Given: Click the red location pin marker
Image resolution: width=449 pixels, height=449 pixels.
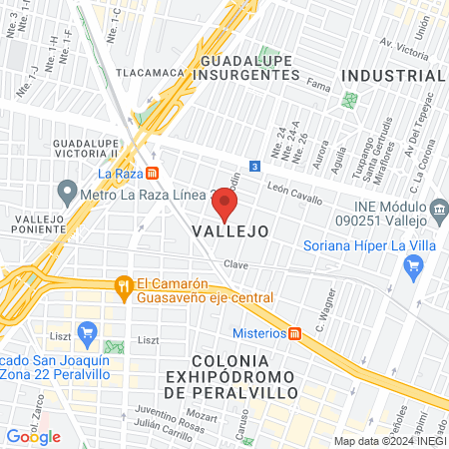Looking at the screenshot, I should pyautogui.click(x=224, y=205).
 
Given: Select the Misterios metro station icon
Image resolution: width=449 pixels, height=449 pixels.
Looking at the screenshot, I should pyautogui.click(x=295, y=333).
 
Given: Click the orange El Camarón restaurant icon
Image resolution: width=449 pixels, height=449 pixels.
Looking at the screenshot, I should pyautogui.click(x=124, y=285).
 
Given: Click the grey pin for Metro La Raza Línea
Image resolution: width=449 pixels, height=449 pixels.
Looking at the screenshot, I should pyautogui.click(x=68, y=189).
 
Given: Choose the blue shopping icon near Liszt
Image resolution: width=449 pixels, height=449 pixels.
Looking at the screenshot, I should pyautogui.click(x=87, y=331).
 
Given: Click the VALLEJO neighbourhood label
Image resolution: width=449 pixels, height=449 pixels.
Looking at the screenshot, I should pyautogui.click(x=230, y=230).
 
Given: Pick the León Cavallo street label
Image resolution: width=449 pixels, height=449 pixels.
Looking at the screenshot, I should pyautogui.click(x=295, y=193).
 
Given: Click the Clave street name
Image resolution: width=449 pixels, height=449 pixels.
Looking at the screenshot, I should pyautogui.click(x=235, y=264).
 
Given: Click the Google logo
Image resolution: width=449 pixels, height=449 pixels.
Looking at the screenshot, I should pyautogui.click(x=33, y=436).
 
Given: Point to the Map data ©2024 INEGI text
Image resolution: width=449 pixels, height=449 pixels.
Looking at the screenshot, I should pyautogui.click(x=388, y=441).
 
